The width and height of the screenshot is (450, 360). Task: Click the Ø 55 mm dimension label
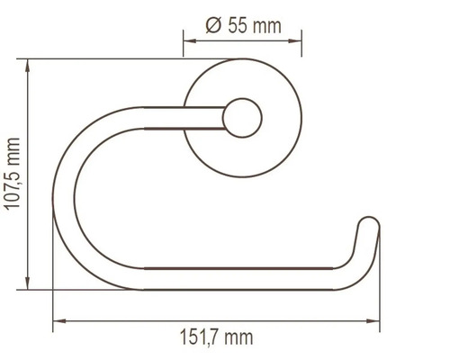click(x=243, y=25)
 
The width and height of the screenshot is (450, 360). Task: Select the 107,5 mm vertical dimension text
click(x=13, y=174)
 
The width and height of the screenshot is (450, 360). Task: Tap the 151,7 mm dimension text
click(x=214, y=337)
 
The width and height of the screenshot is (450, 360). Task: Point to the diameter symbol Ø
click(x=213, y=25)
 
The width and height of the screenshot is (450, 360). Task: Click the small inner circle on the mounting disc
click(x=243, y=117)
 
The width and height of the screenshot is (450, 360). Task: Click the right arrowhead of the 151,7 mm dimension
click(x=373, y=319)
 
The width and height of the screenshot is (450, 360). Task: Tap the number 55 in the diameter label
click(x=238, y=25)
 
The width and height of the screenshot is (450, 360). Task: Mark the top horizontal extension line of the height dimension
click(x=108, y=59)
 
